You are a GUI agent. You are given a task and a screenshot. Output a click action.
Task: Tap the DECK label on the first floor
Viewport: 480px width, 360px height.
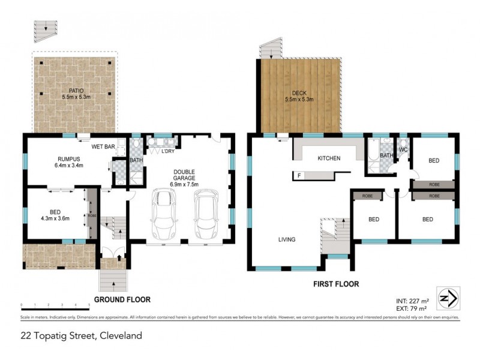click(299, 92)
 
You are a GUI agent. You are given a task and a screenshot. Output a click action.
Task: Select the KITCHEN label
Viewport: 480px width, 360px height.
click(329, 158)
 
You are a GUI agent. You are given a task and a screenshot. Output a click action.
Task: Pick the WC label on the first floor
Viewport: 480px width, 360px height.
click(404, 149)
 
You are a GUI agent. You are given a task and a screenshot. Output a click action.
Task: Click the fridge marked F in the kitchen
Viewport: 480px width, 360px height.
click(298, 176)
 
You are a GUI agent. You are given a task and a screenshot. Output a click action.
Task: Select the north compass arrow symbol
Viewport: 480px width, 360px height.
click(448, 297)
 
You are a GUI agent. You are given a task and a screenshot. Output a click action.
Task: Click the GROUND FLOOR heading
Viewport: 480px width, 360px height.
click(122, 299)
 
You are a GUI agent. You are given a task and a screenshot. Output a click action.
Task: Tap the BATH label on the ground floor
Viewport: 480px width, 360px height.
click(136, 160)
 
